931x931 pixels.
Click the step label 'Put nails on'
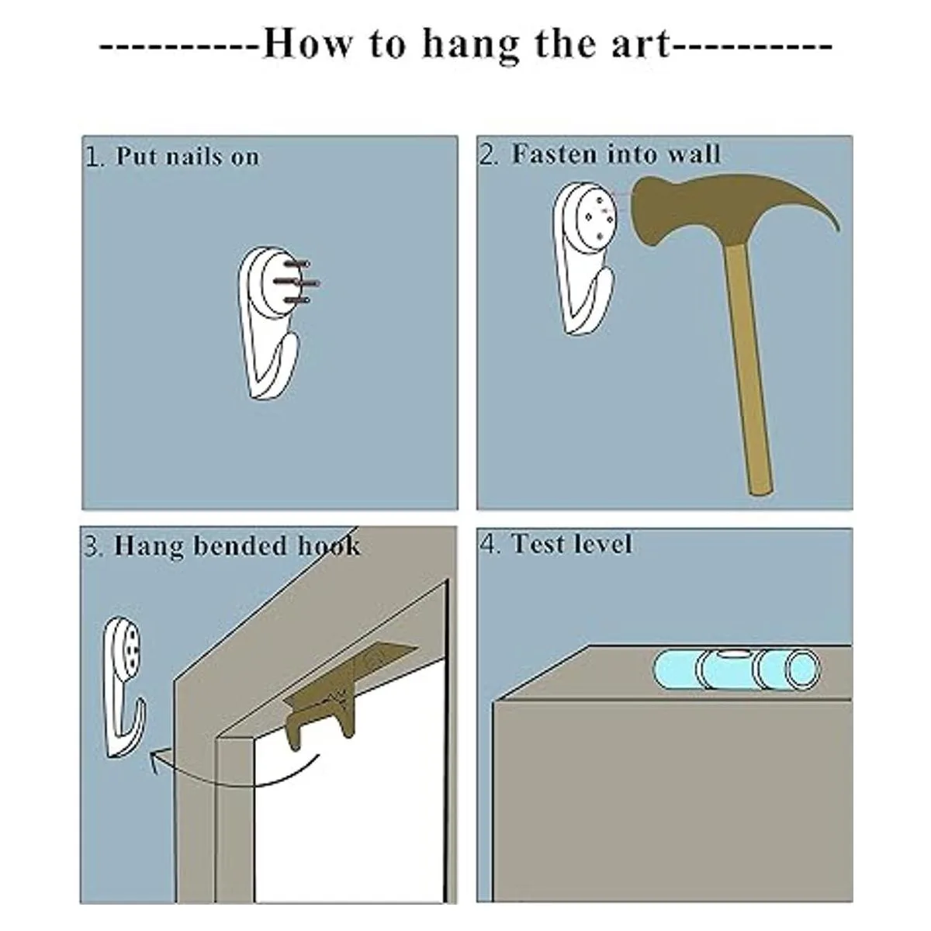click(188, 157)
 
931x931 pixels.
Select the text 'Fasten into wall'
click(616, 154)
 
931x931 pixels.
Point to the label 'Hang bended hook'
click(237, 546)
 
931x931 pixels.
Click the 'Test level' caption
click(572, 544)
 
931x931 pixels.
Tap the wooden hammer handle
click(751, 369)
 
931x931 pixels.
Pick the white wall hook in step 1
click(268, 324)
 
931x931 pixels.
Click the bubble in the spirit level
click(731, 655)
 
